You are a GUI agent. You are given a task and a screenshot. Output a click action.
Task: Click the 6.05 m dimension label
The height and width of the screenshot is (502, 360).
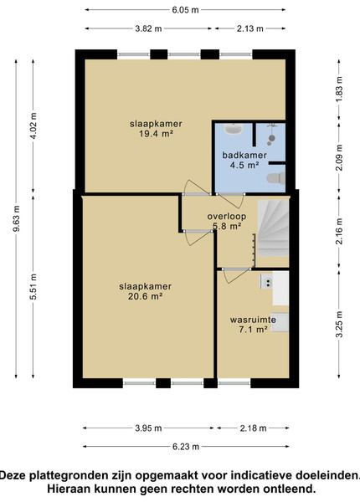pyautogui.click(x=185, y=10)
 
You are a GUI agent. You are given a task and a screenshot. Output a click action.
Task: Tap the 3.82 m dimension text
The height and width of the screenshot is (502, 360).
pyautogui.click(x=148, y=28)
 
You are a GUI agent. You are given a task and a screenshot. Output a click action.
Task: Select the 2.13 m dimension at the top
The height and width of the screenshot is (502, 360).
pyautogui.click(x=249, y=28)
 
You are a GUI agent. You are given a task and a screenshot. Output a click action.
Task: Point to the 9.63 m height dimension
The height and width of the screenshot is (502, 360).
pyautogui.click(x=17, y=218)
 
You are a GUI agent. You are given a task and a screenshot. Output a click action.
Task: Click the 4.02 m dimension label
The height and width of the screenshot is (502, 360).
pyautogui.click(x=33, y=125)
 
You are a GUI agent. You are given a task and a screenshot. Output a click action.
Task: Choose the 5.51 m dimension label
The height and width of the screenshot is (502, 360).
pyautogui.click(x=33, y=287)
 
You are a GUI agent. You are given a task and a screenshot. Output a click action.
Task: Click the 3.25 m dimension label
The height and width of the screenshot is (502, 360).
pyautogui.click(x=339, y=324)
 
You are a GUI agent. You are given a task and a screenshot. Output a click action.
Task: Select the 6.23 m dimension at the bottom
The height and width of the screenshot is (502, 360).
pyautogui.click(x=186, y=447)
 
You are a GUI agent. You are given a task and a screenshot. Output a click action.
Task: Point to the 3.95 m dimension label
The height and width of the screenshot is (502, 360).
pyautogui.click(x=148, y=428)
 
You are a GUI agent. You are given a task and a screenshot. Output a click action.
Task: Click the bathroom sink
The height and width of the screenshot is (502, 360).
pyautogui.click(x=234, y=129)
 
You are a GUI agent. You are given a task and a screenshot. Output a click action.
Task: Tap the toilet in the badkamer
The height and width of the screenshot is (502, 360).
pyautogui.click(x=276, y=178)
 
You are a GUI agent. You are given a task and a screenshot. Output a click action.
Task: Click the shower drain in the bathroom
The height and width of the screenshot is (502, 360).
pyautogui.click(x=272, y=138)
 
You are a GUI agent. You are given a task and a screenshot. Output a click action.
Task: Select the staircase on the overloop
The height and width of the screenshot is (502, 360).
pyautogui.click(x=273, y=228)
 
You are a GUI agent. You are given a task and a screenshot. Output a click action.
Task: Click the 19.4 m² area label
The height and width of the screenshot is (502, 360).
pyautogui.click(x=156, y=134)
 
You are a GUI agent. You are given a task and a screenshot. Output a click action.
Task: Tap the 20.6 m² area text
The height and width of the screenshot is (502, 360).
pyautogui.click(x=146, y=296)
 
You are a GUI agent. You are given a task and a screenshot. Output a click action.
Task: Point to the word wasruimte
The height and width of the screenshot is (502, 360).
pyautogui.click(x=253, y=320)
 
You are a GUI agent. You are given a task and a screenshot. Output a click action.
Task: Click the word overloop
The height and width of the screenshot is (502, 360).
pyautogui.click(x=227, y=216)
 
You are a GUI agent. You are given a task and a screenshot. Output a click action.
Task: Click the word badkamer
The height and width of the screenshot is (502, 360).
pyautogui.click(x=244, y=156)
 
